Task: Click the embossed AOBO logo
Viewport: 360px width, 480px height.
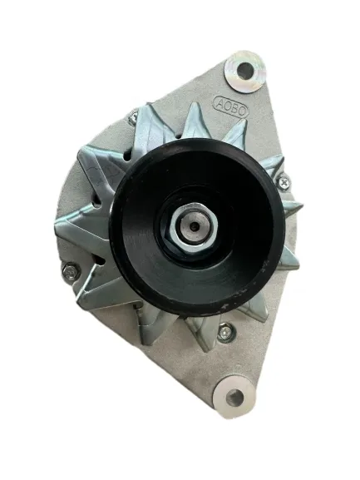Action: click(230, 107)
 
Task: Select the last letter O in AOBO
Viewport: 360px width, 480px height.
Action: click(242, 111)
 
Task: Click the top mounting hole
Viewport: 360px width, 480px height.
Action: click(244, 71)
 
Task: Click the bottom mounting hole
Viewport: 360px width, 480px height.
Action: click(234, 398)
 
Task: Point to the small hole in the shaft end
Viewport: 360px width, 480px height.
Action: click(194, 226)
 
